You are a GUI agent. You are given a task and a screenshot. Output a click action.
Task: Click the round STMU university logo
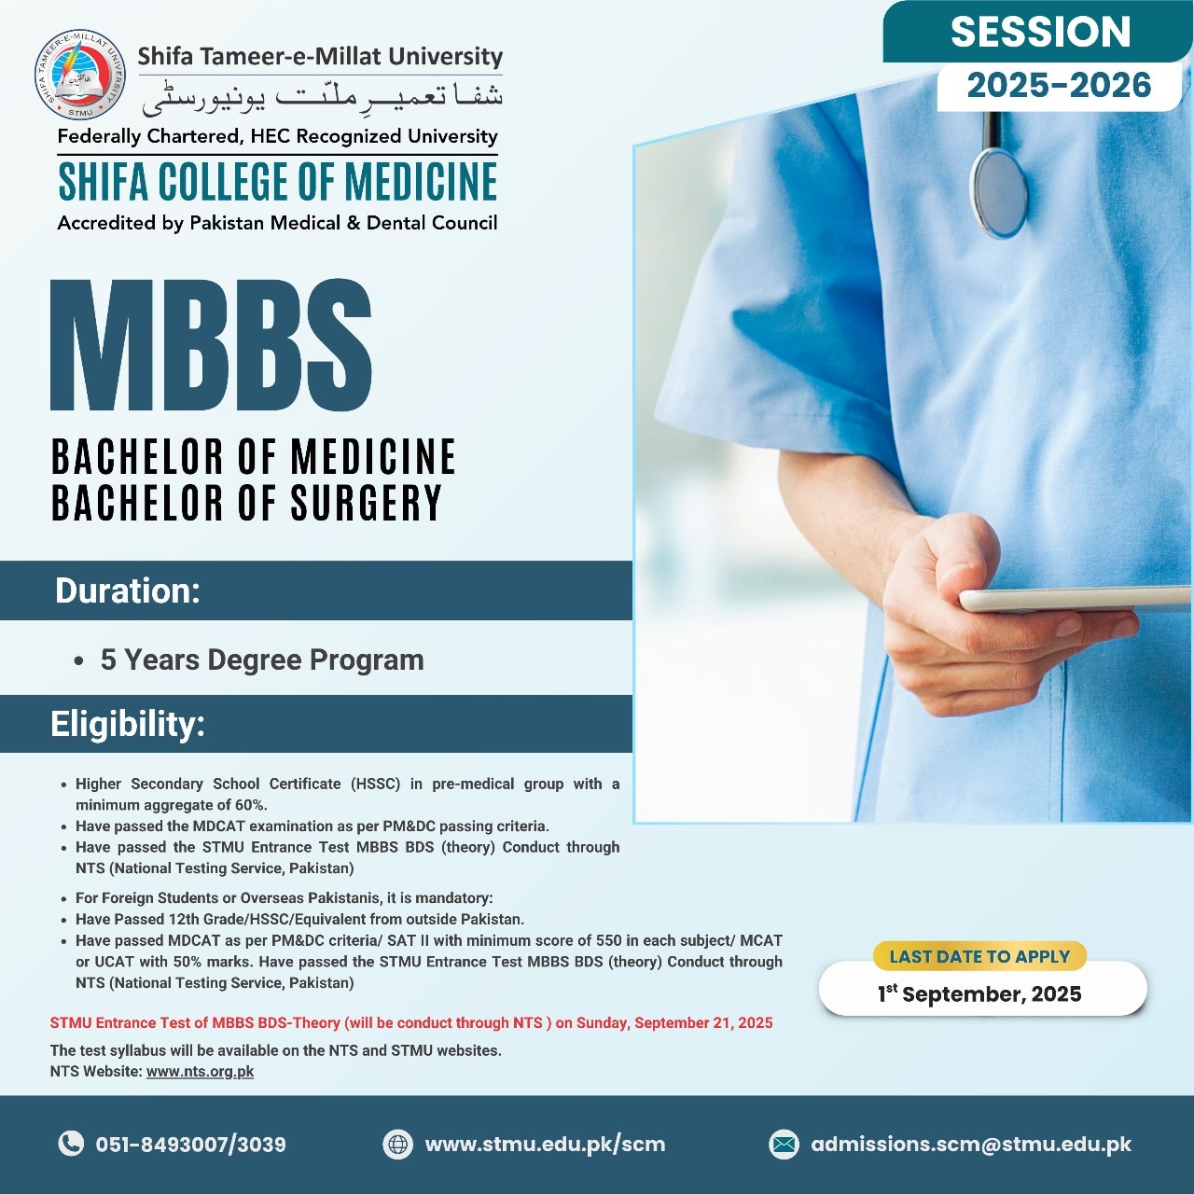79,75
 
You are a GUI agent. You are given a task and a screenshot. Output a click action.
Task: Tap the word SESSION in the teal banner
1040,33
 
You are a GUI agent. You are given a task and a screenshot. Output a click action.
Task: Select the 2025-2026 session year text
1059,86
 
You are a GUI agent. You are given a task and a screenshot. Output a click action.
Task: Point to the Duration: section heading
128,590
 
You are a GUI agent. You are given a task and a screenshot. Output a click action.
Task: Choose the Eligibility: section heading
128,724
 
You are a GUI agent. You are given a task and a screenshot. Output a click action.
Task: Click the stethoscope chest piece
998,193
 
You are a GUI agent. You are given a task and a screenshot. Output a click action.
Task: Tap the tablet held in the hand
1075,599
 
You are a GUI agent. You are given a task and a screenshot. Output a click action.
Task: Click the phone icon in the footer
71,1144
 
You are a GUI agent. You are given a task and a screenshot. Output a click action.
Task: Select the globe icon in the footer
397,1144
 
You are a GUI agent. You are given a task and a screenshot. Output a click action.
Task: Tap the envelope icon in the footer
784,1144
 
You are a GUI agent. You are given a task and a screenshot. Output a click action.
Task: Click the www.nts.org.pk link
201,1071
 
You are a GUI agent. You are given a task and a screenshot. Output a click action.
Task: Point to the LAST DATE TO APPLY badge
979,956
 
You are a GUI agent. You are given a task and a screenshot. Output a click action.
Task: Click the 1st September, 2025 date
979,993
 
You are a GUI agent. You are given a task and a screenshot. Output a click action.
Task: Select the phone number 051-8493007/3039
191,1145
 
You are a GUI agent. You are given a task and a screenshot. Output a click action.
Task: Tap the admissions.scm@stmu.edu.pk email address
971,1145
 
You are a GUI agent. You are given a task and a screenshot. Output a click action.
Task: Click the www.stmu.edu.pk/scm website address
546,1145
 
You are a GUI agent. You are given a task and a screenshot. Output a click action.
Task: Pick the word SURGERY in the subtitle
367,503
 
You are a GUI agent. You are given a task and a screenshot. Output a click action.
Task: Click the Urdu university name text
322,97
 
